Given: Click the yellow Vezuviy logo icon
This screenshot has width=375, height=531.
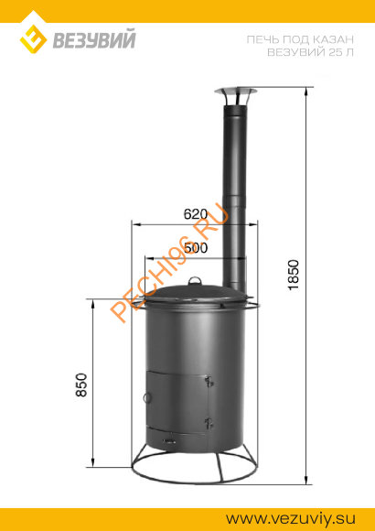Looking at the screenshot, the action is pyautogui.click(x=33, y=38).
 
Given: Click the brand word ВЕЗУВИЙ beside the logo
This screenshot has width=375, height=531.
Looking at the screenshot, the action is pyautogui.click(x=94, y=39).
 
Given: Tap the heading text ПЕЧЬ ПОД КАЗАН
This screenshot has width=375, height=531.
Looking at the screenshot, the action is pyautogui.click(x=300, y=40).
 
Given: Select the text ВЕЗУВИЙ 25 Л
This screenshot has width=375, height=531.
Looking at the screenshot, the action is pyautogui.click(x=310, y=53).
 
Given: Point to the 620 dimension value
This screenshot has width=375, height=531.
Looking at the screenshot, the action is pyautogui.click(x=196, y=214).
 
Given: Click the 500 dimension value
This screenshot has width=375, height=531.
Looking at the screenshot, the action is pyautogui.click(x=196, y=248).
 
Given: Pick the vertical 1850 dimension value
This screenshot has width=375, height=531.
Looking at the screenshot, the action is pyautogui.click(x=294, y=276).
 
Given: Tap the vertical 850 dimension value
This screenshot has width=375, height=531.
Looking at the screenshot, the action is pyautogui.click(x=81, y=385).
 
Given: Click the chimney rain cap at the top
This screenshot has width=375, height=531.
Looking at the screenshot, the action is pyautogui.click(x=235, y=96).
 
